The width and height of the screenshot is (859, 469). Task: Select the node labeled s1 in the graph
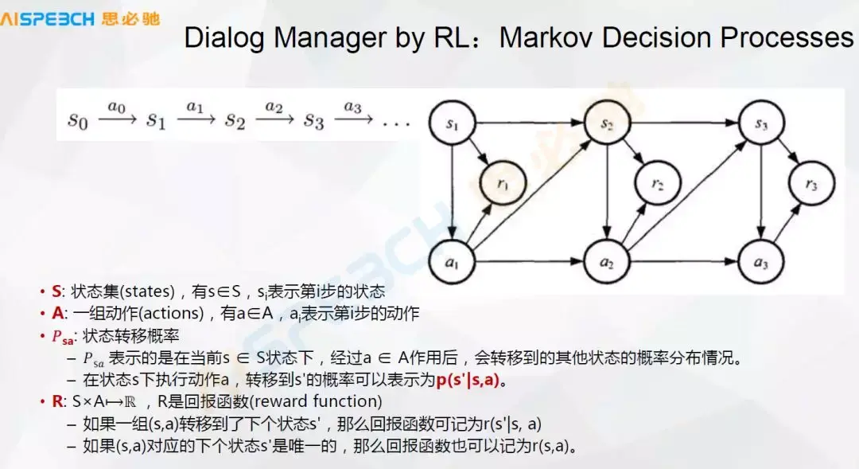pyautogui.click(x=451, y=125)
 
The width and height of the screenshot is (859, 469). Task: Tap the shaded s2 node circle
pyautogui.click(x=607, y=123)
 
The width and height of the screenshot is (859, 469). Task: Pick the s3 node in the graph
pyautogui.click(x=762, y=123)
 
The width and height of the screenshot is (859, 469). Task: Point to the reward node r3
pyautogui.click(x=810, y=186)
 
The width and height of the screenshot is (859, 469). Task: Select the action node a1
pyautogui.click(x=451, y=261)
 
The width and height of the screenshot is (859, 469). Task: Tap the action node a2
pyautogui.click(x=607, y=261)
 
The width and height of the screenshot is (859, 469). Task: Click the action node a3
pyautogui.click(x=762, y=261)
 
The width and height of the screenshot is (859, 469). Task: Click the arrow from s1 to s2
pyautogui.click(x=529, y=124)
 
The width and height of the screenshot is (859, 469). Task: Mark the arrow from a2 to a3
pyautogui.click(x=684, y=261)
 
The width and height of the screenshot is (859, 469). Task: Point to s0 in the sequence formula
pyautogui.click(x=77, y=122)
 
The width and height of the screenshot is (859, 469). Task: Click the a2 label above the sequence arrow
pyautogui.click(x=274, y=106)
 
